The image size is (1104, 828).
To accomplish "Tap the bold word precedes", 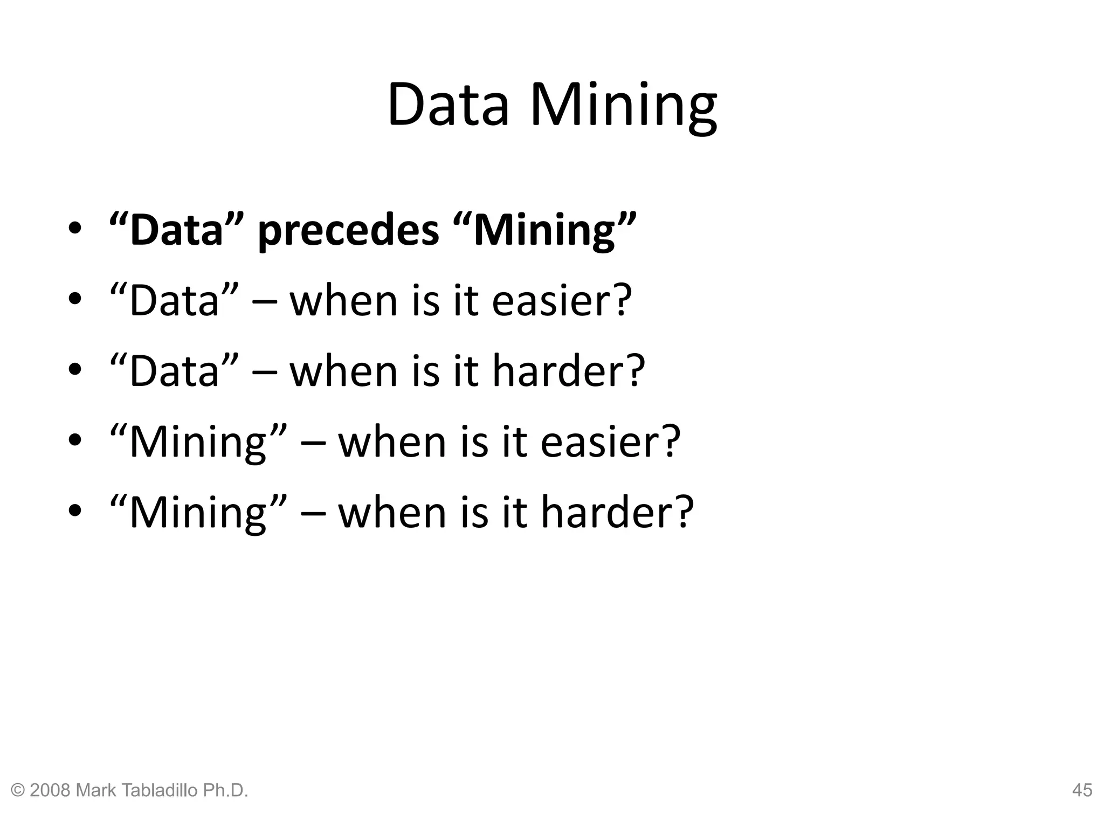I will tap(348, 231).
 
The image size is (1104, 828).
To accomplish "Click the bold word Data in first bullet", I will tap(176, 231).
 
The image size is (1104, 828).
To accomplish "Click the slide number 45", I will tap(1082, 790).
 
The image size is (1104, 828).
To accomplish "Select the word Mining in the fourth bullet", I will tap(198, 442).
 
